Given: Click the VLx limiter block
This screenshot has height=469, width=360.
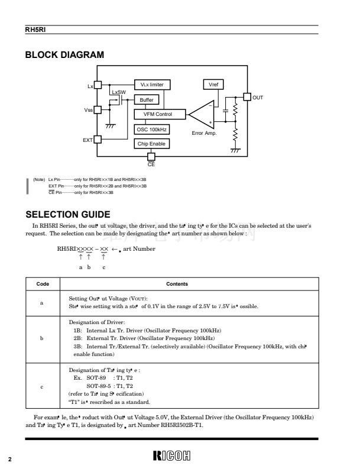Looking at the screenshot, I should [152, 85].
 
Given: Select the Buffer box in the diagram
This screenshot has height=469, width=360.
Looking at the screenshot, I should [147, 100].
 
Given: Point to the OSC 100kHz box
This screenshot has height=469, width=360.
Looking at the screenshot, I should [152, 129].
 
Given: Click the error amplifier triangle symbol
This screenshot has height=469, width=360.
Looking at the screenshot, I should [204, 115].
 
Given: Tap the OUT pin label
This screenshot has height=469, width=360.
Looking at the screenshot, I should [258, 97].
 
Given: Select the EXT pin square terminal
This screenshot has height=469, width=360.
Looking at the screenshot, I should [99, 140].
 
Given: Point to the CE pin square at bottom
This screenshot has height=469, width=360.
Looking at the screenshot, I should [151, 156].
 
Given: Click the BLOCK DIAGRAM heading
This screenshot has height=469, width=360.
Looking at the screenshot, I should [64, 55].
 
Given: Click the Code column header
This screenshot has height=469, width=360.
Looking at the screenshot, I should [43, 284].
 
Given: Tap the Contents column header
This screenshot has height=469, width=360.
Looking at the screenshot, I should [177, 284].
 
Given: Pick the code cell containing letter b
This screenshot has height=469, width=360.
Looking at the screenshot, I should [41, 338].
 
